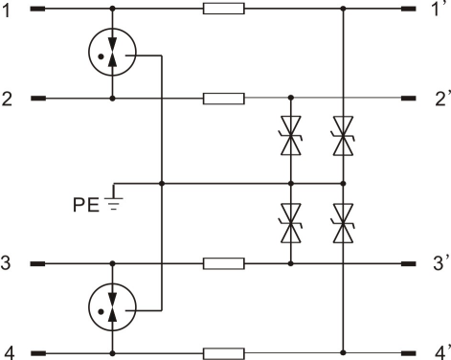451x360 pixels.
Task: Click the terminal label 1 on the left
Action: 7,10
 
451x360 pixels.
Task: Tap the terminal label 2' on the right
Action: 442,99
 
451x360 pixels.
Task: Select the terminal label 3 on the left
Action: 6,263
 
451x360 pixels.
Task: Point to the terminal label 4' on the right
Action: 442,352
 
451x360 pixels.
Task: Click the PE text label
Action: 86,205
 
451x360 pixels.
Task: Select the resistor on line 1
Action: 224,9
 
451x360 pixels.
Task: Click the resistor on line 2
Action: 224,99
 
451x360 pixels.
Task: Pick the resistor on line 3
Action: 224,263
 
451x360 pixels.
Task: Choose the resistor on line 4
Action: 224,353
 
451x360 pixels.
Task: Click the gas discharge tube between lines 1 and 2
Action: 112,52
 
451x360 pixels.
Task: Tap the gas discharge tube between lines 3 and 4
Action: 112,307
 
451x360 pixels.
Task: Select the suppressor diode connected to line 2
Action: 291,136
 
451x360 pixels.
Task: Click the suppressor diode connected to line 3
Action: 291,223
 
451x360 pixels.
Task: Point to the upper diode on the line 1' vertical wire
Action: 344,136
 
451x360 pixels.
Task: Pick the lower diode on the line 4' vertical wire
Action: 344,223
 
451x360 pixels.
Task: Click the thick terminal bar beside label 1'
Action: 408,9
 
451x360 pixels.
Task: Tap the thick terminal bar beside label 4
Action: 38,353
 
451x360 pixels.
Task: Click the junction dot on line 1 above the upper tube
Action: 112,9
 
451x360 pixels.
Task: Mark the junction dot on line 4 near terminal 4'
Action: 344,352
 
